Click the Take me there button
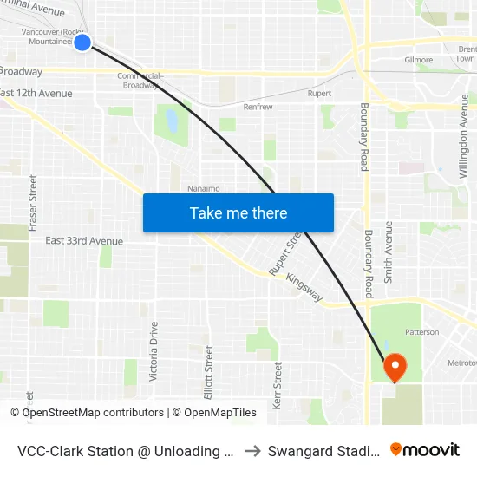pyautogui.click(x=238, y=212)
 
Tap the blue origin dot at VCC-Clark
pyautogui.click(x=82, y=42)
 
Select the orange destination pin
pyautogui.click(x=395, y=367)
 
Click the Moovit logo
pyautogui.click(x=425, y=449)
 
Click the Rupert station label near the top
pyautogui.click(x=319, y=93)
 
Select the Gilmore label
pyautogui.click(x=419, y=60)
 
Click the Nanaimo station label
pyautogui.click(x=203, y=187)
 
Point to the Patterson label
pyautogui.click(x=421, y=331)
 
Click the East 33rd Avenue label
pyautogui.click(x=84, y=240)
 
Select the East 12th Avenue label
pyautogui.click(x=36, y=93)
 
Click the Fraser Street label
pyautogui.click(x=33, y=202)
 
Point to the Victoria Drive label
pyautogui.click(x=154, y=351)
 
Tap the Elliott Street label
pyautogui.click(x=209, y=372)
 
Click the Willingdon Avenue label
pyautogui.click(x=464, y=143)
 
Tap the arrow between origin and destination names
pyautogui.click(x=253, y=450)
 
